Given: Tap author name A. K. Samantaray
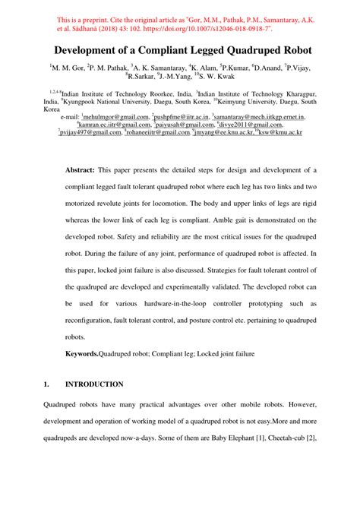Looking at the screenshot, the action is pos(164,68).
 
